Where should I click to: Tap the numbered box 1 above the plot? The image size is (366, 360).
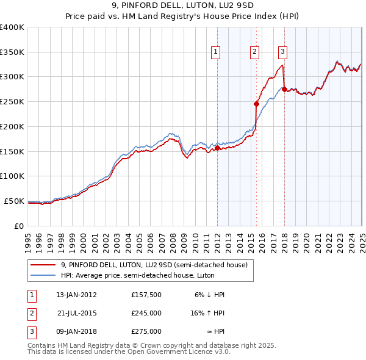pyautogui.click(x=217, y=52)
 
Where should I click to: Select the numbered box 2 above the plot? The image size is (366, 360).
pyautogui.click(x=254, y=52)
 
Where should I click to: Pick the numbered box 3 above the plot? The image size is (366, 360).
pyautogui.click(x=284, y=52)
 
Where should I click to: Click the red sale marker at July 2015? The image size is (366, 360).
pyautogui.click(x=257, y=104)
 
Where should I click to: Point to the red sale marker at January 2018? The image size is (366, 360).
pyautogui.click(x=284, y=89)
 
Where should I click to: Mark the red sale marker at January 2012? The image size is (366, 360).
pyautogui.click(x=218, y=147)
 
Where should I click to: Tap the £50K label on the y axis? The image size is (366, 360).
pyautogui.click(x=15, y=201)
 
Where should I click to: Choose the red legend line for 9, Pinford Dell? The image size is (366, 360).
pyautogui.click(x=43, y=265)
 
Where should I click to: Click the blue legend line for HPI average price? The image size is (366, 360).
pyautogui.click(x=43, y=275)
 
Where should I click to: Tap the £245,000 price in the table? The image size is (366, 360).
pyautogui.click(x=146, y=313)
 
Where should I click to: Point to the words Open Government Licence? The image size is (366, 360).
pyautogui.click(x=176, y=352)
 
